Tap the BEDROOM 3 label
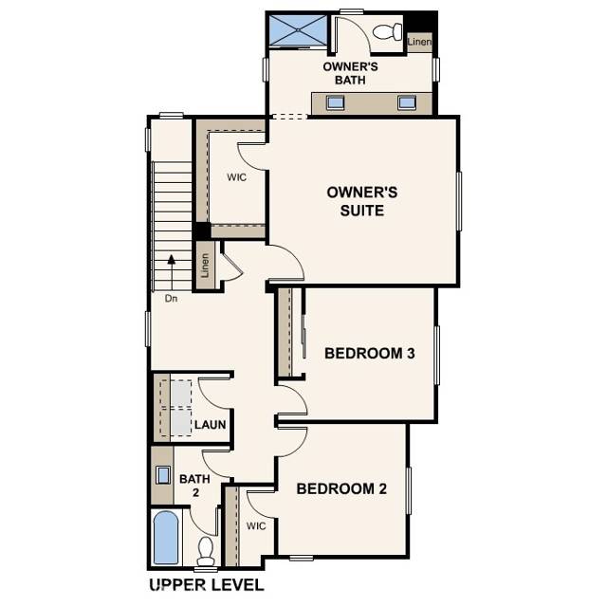(370, 354)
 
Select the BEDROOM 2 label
(341, 489)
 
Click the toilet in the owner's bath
(386, 33)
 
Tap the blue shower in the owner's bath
(297, 30)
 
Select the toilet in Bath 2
(206, 549)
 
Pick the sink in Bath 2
(163, 474)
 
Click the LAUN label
(211, 425)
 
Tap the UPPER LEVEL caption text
(207, 584)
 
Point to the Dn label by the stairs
(171, 298)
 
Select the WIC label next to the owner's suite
(236, 177)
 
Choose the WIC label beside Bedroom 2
(256, 524)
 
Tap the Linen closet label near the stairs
(203, 267)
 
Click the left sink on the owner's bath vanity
(335, 102)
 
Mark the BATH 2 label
(194, 486)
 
